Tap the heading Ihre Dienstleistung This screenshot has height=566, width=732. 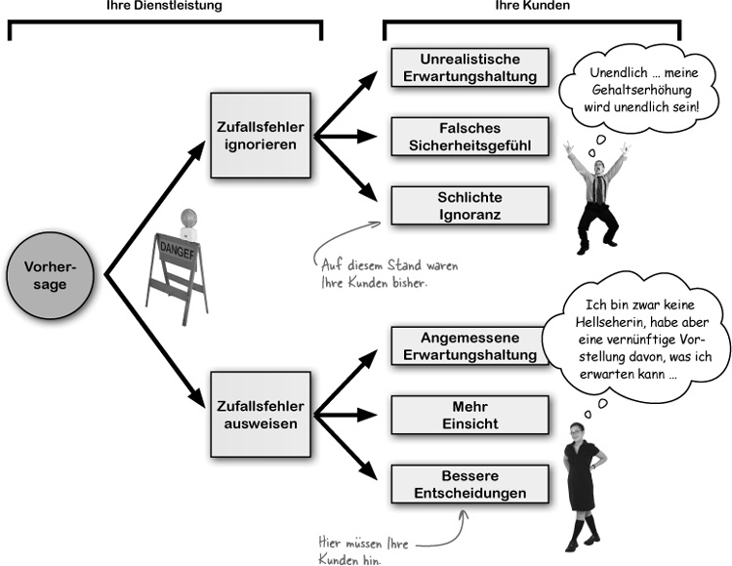coord(164,7)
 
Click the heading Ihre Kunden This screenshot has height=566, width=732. coord(530,7)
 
